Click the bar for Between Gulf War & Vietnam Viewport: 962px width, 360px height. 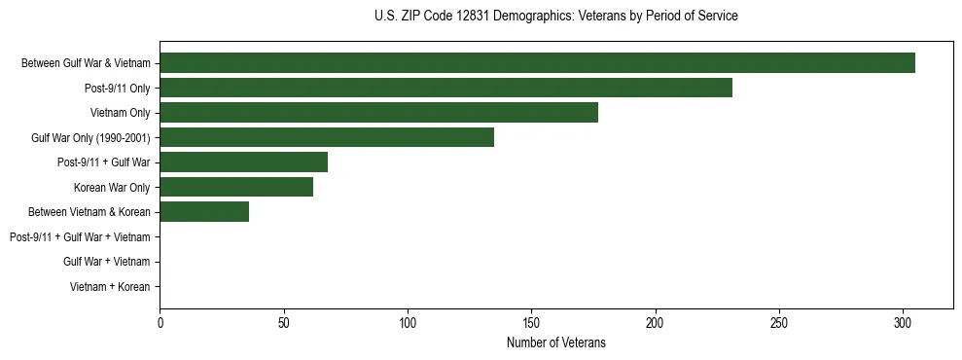(x=537, y=63)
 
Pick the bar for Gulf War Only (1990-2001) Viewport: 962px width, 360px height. (x=327, y=137)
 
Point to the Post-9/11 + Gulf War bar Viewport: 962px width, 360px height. (x=243, y=162)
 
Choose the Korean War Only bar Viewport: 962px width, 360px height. (x=236, y=187)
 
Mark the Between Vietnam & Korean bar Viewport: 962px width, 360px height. (x=204, y=212)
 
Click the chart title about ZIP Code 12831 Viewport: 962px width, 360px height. (x=555, y=17)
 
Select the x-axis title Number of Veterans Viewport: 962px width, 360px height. (x=555, y=342)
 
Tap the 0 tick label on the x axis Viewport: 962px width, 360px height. (x=160, y=322)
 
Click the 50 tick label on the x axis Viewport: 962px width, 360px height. (x=283, y=322)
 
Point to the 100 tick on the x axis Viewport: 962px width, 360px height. (x=408, y=322)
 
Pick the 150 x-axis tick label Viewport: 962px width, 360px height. (x=531, y=322)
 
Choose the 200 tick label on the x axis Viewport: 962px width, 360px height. (x=655, y=322)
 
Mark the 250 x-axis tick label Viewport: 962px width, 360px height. (x=779, y=322)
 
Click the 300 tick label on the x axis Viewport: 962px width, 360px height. (x=903, y=322)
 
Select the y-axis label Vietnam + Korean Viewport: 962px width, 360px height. (x=110, y=287)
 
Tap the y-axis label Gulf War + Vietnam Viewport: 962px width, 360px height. (x=107, y=262)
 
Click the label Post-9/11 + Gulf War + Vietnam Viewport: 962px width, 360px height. (x=80, y=237)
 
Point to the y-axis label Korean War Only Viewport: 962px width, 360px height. (x=112, y=188)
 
